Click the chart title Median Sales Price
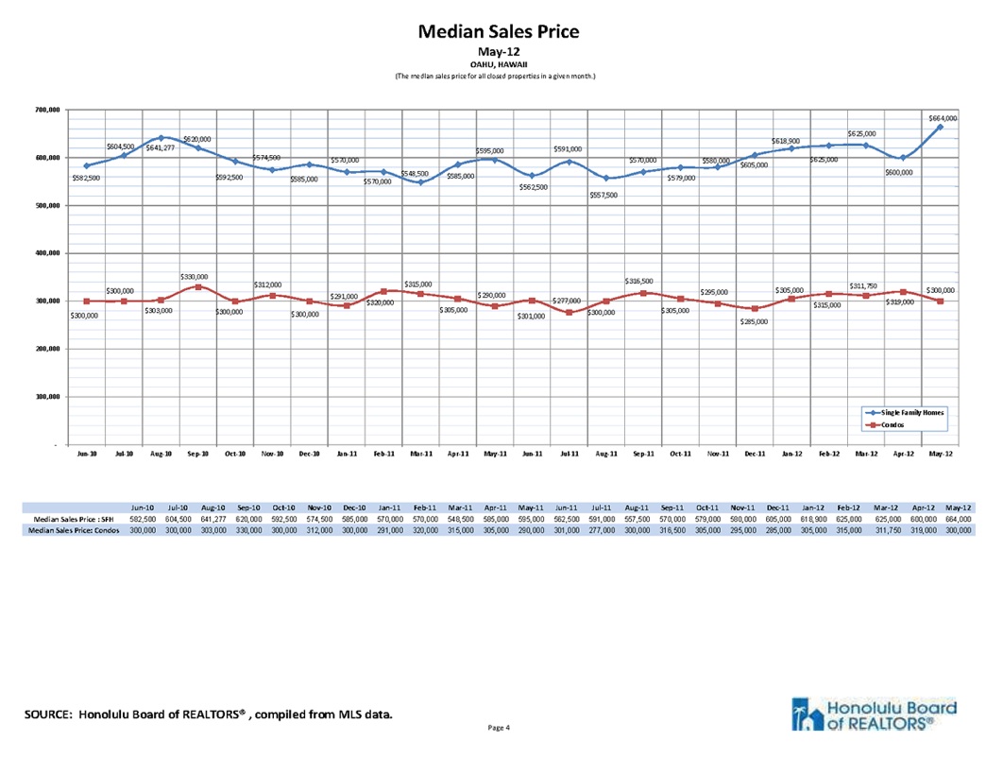498,31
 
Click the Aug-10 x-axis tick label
161,455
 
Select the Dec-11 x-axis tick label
754,455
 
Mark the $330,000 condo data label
195,276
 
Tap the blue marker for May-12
940,127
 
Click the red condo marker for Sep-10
197,286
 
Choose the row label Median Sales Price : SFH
74,520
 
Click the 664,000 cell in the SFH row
959,520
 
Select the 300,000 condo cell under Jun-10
143,531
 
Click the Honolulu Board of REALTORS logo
870,715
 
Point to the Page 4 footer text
498,728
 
